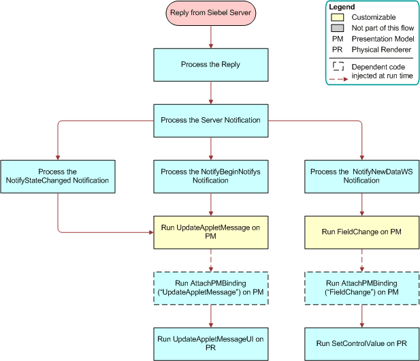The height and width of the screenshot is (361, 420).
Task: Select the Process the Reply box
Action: coord(210,65)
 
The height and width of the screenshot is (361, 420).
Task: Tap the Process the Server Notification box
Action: coord(210,120)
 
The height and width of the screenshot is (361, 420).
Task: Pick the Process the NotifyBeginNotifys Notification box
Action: coord(210,176)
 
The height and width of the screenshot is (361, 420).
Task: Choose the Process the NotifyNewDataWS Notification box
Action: coord(361,176)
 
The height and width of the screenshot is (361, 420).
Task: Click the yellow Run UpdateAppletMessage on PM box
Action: coord(210,232)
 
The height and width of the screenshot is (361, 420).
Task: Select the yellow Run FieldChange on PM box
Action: coord(361,232)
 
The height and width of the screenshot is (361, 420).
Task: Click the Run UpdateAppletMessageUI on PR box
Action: coord(210,343)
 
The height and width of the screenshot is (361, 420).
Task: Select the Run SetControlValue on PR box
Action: coord(361,343)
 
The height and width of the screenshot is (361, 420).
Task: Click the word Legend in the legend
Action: coord(342,7)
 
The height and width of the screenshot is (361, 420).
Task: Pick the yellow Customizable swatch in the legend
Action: coord(338,17)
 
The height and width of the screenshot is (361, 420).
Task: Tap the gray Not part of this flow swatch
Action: coord(338,28)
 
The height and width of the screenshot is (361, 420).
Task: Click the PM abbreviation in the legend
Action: coord(336,39)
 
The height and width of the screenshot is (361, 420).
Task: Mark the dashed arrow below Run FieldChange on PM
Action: coord(361,260)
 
